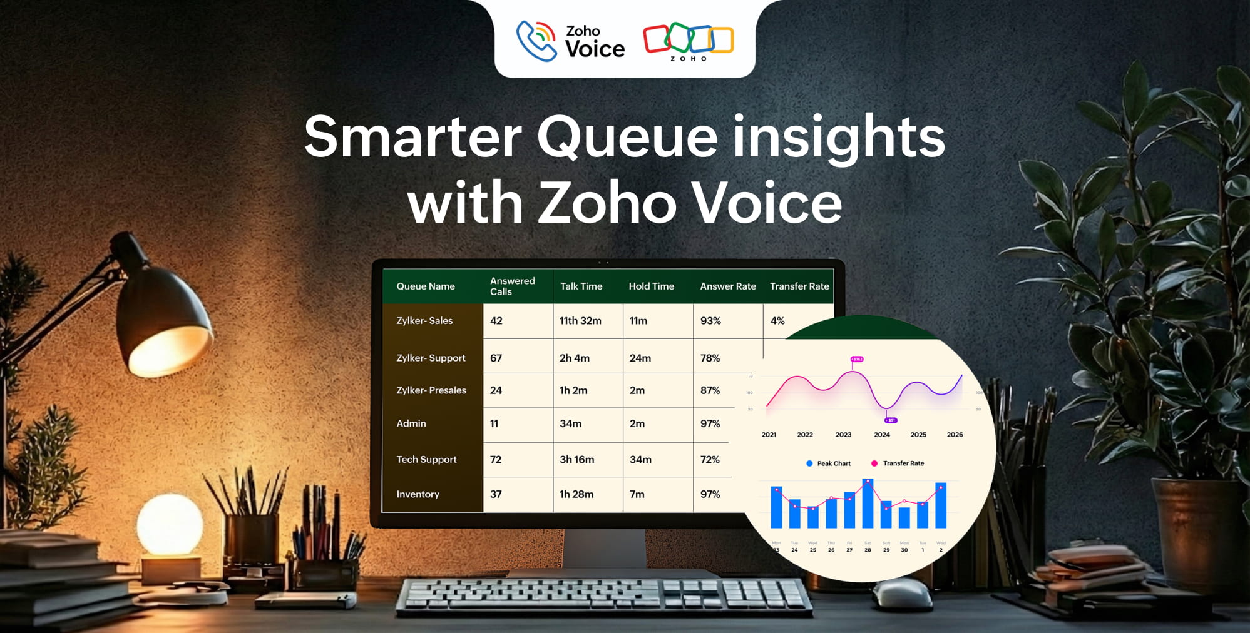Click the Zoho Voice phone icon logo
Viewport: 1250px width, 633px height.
(x=536, y=41)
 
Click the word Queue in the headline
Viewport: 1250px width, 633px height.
(x=627, y=138)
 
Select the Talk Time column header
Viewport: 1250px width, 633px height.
(x=581, y=286)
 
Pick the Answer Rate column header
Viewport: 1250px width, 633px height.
(x=727, y=286)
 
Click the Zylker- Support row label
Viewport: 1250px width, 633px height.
(x=431, y=358)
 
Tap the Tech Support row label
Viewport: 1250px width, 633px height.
(x=426, y=459)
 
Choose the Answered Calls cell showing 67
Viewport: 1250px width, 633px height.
(x=496, y=358)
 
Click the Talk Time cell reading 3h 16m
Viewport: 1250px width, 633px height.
(x=576, y=459)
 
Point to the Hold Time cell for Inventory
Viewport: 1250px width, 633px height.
(x=637, y=494)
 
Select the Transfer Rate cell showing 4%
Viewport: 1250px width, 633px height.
(x=777, y=321)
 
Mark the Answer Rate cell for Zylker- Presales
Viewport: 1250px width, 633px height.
(x=710, y=390)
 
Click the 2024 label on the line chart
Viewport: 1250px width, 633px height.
(x=881, y=435)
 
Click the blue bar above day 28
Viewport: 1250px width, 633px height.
(x=868, y=504)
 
